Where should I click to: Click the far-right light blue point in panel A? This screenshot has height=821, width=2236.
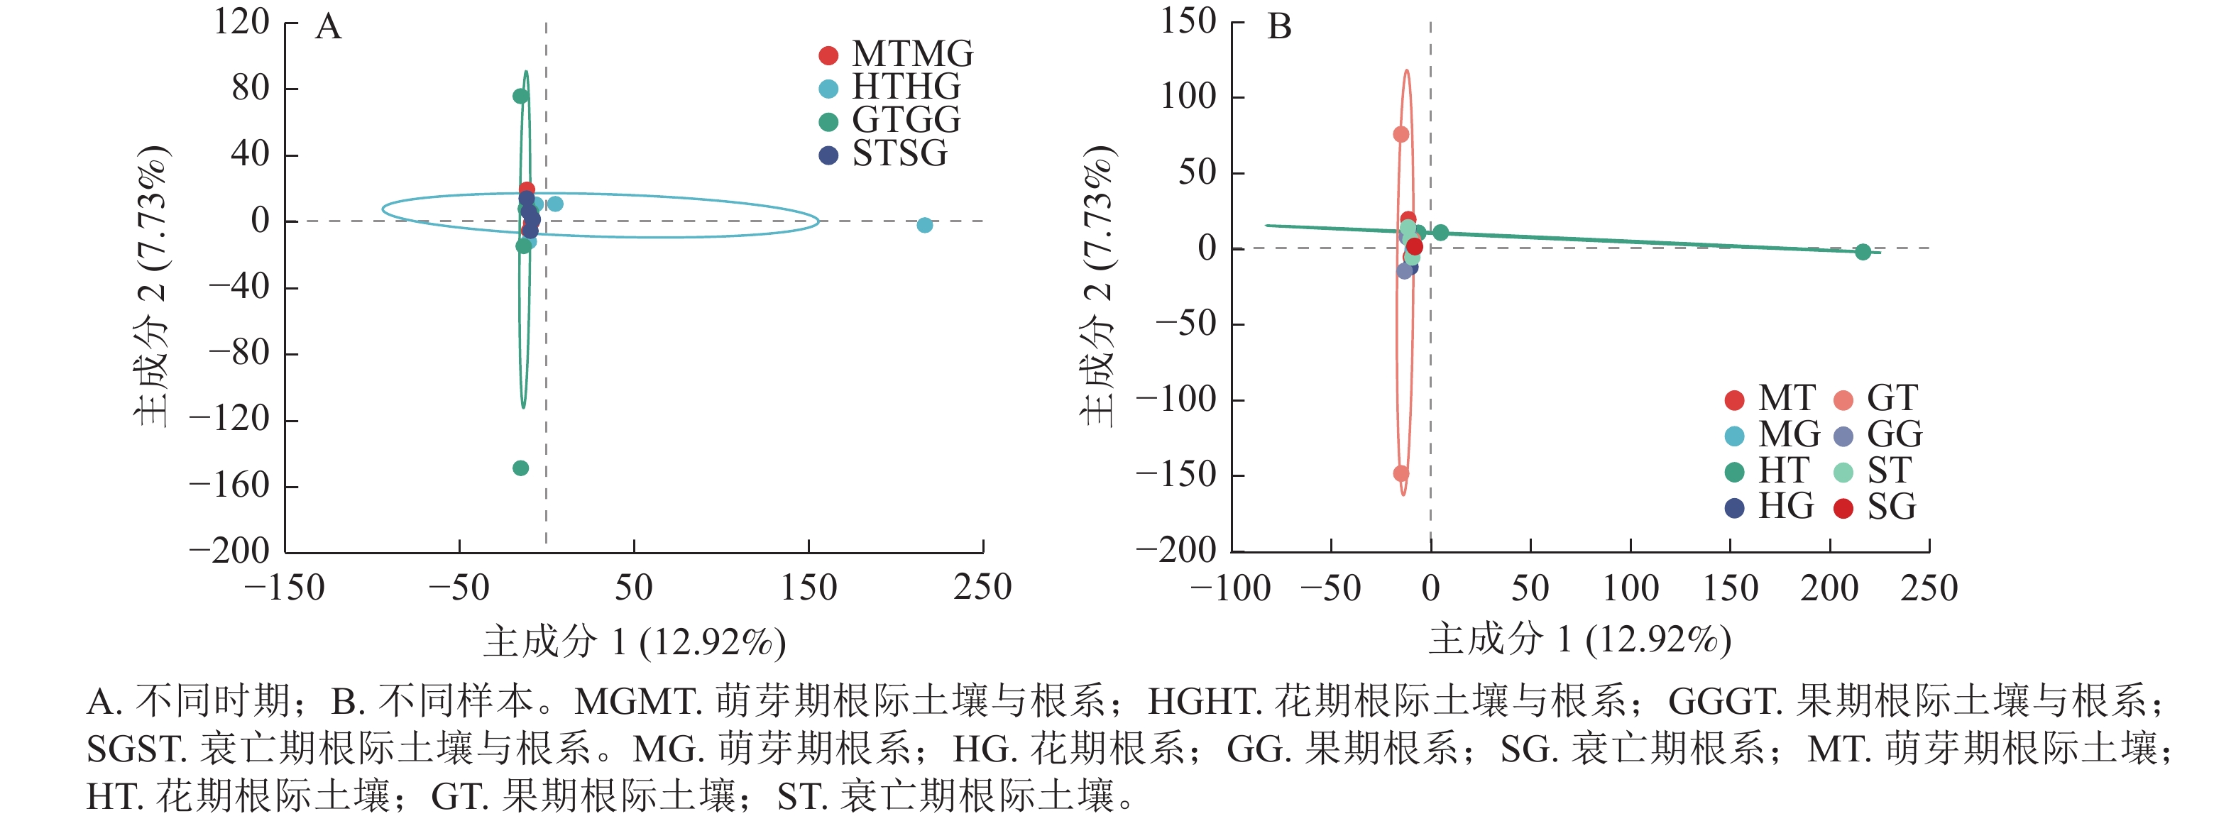[x=924, y=225]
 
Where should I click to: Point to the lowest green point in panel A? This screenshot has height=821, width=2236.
[x=521, y=468]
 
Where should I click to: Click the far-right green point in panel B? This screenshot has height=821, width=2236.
[x=1863, y=252]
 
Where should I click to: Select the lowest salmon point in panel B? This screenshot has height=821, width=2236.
[x=1401, y=473]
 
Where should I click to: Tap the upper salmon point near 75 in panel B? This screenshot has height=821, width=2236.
[x=1401, y=133]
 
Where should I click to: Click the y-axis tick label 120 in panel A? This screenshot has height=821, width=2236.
[x=242, y=23]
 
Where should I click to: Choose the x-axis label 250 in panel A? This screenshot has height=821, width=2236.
[x=982, y=588]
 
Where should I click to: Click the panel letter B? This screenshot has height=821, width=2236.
[x=1279, y=27]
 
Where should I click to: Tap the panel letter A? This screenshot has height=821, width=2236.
[x=328, y=27]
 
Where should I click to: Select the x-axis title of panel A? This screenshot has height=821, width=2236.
[x=635, y=642]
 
